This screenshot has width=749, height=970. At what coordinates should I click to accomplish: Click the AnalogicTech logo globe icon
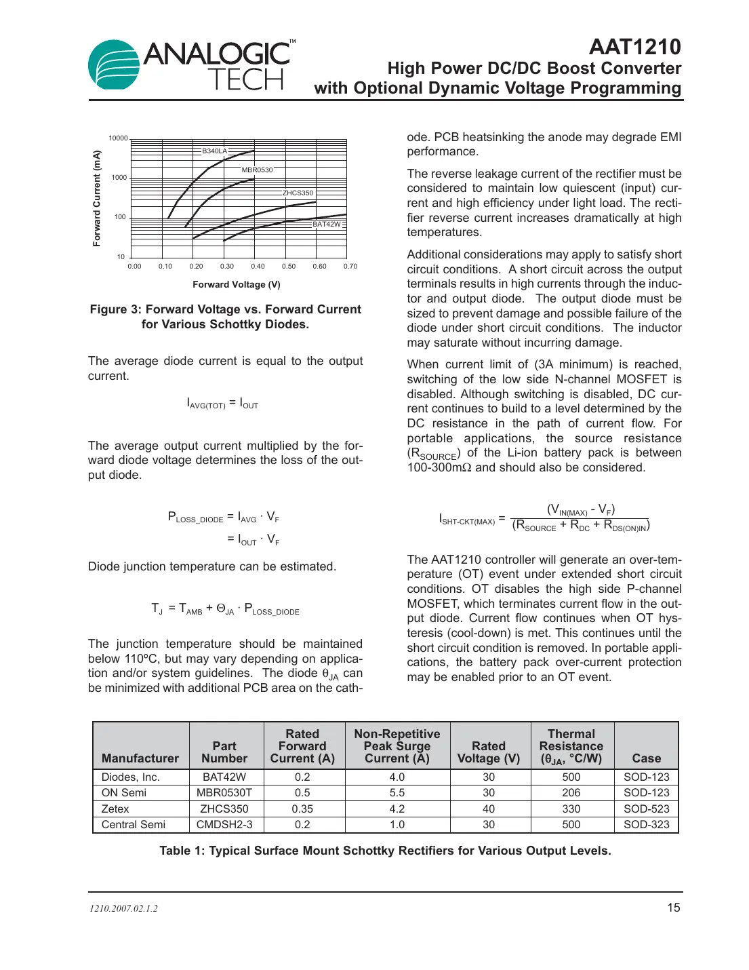coord(114,65)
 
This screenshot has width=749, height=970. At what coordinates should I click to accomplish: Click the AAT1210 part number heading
coord(634,47)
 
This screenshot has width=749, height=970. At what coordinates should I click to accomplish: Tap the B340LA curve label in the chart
coord(214,151)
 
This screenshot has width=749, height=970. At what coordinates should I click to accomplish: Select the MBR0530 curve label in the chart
coord(257,170)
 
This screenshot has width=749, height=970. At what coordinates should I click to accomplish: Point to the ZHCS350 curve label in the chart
coord(298,193)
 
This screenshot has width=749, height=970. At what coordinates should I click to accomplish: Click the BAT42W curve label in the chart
coord(327,224)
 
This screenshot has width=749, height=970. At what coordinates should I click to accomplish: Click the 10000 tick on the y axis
coord(118,138)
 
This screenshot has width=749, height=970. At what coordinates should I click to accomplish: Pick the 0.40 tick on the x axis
coord(258,267)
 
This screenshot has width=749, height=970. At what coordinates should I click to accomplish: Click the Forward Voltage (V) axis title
coord(236,285)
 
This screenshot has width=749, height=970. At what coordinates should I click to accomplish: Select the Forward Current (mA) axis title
coord(96,198)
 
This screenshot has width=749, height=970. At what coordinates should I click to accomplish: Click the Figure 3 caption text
coord(225,317)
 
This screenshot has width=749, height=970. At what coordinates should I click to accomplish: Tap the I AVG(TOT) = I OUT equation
coord(222,404)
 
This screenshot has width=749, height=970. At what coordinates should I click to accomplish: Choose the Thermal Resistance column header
coord(571,746)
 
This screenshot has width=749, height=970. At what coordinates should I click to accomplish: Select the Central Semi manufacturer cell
coord(134,825)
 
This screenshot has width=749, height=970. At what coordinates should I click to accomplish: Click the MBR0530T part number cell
coord(224,793)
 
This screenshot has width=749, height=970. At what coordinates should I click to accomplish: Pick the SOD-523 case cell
coord(646,809)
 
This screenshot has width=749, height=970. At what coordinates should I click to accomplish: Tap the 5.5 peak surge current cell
coord(397,793)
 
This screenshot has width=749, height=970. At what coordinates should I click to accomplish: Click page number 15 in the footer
coord(673,908)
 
